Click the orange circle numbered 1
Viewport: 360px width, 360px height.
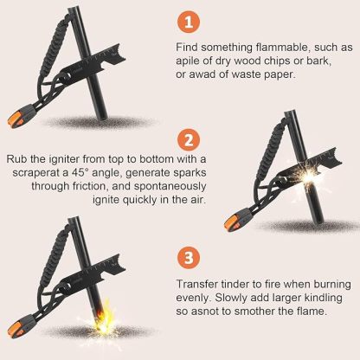pos(189,22)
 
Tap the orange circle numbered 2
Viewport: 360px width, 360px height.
pos(189,141)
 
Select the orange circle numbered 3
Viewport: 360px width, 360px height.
pos(189,257)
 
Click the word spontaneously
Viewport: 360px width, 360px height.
pos(170,186)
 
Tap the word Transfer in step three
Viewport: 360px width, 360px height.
pos(197,284)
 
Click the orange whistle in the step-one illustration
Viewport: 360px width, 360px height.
pos(19,117)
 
